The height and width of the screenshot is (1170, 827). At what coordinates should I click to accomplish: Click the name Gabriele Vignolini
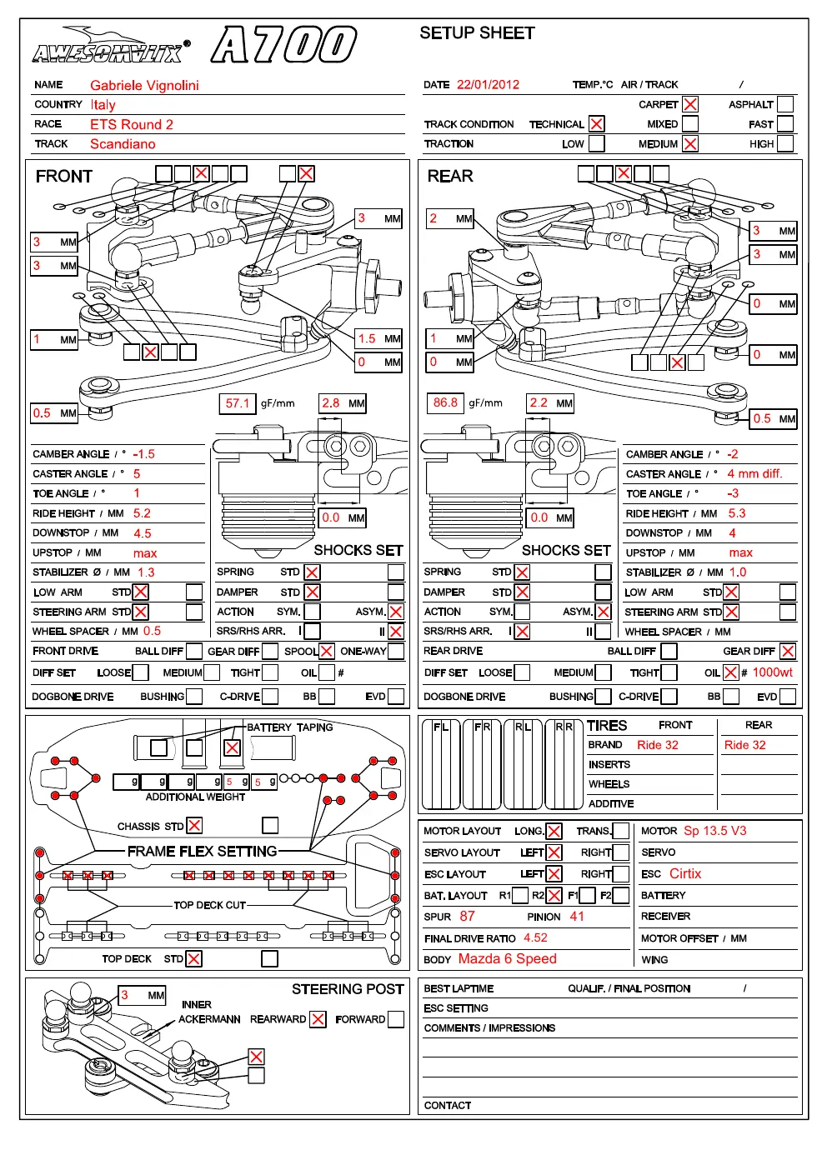click(x=144, y=85)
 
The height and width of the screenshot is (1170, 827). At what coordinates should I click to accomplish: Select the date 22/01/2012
click(x=488, y=85)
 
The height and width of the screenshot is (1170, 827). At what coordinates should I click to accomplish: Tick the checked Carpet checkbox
click(x=690, y=104)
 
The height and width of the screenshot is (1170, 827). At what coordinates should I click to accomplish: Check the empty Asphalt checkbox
click(x=784, y=104)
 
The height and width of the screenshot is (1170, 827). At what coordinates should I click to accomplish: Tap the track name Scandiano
click(x=123, y=144)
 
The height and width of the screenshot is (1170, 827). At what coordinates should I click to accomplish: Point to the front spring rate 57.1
click(x=238, y=403)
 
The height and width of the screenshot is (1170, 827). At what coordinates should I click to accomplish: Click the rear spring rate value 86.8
click(x=445, y=402)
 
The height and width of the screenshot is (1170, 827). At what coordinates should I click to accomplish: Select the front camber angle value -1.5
click(x=143, y=454)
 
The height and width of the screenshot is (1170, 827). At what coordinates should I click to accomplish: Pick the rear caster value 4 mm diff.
click(x=754, y=473)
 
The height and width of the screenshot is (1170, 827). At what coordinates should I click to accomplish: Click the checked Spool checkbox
click(x=327, y=652)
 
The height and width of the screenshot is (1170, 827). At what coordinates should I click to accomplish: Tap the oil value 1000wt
click(x=772, y=672)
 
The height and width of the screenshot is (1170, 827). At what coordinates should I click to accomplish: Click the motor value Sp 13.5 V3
click(x=715, y=831)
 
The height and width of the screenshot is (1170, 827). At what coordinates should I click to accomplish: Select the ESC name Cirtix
click(x=685, y=873)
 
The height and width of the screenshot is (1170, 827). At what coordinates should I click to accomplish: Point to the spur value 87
click(x=467, y=916)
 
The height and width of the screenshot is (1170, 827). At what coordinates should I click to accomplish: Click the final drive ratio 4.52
click(x=535, y=937)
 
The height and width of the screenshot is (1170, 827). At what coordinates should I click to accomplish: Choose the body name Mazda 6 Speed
click(x=507, y=959)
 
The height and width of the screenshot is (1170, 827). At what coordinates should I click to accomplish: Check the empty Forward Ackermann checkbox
click(x=396, y=1019)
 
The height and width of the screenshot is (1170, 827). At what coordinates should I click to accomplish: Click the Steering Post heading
click(x=348, y=989)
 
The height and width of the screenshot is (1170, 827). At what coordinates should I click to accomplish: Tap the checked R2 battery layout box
click(x=554, y=895)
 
